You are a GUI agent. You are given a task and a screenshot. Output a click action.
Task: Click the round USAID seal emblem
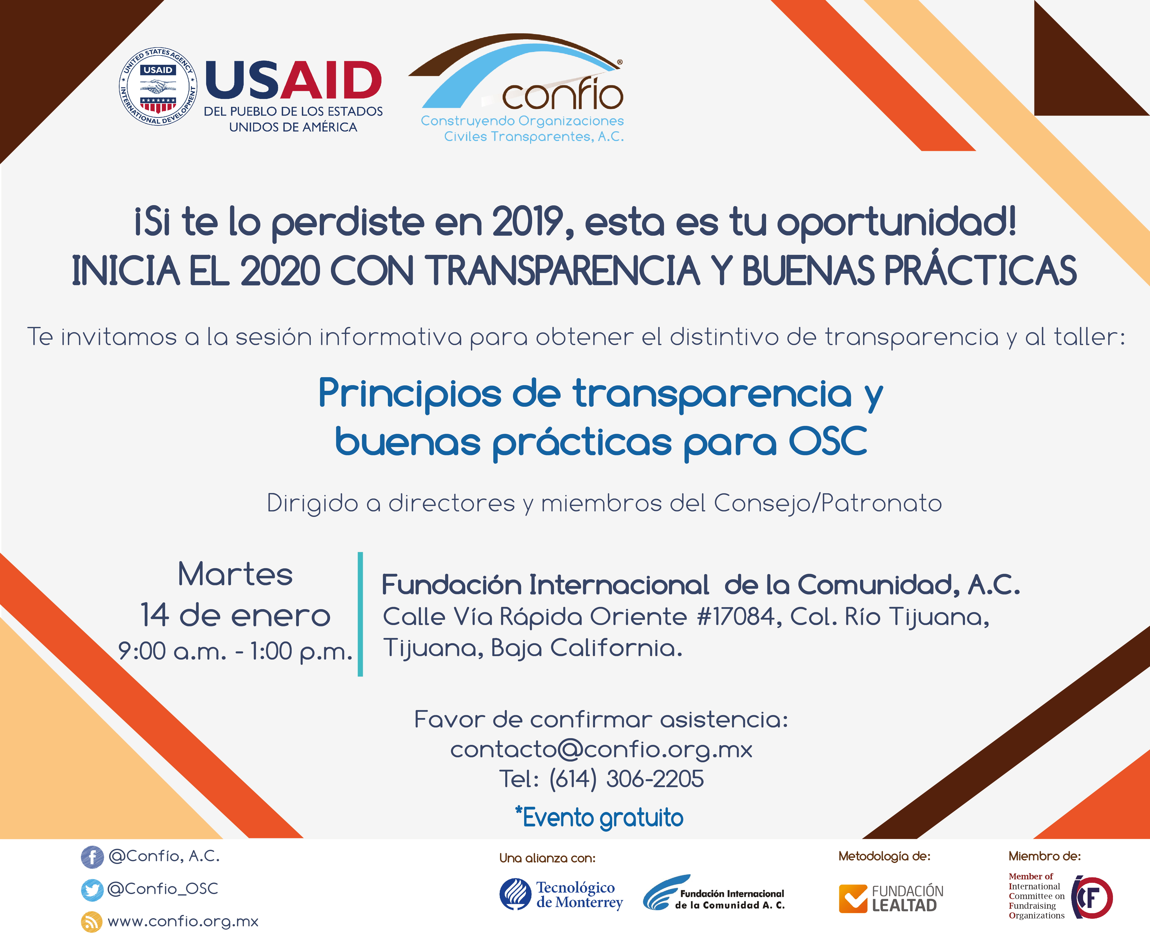(158, 86)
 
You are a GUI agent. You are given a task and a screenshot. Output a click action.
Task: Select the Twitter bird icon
(92, 890)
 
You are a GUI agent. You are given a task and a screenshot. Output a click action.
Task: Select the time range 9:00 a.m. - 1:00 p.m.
(235, 651)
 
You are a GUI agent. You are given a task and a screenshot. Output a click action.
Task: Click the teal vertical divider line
(360, 614)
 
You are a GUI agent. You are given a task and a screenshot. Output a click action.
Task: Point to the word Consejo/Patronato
(828, 503)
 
